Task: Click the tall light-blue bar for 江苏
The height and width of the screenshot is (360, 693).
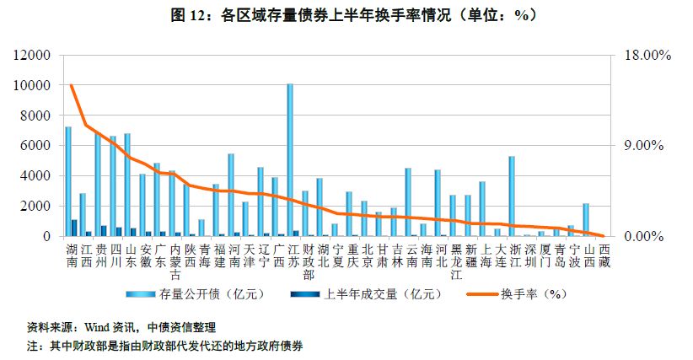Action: [x=290, y=160]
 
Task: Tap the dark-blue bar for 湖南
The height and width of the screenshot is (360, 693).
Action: [x=74, y=228]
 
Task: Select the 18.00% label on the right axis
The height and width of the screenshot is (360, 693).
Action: [x=647, y=56]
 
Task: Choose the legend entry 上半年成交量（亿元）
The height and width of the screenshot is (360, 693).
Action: [x=380, y=294]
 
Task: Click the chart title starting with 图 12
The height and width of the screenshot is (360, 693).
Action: [x=346, y=15]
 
